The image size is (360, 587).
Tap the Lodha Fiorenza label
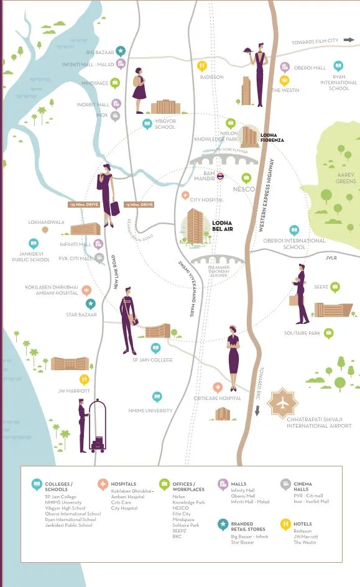(272, 137)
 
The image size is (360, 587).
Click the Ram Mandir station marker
(220, 177)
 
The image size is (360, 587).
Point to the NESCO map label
(243, 188)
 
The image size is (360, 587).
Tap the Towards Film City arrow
(349, 40)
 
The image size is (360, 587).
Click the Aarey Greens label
(346, 178)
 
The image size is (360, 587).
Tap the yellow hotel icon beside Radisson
(201, 65)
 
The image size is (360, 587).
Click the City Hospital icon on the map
(185, 195)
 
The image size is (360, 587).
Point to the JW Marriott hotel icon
(84, 379)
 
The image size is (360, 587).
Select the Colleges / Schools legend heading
(58, 486)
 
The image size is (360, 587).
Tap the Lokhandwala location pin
(45, 230)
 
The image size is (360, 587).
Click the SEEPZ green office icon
(335, 287)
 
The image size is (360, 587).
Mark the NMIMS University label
(150, 410)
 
